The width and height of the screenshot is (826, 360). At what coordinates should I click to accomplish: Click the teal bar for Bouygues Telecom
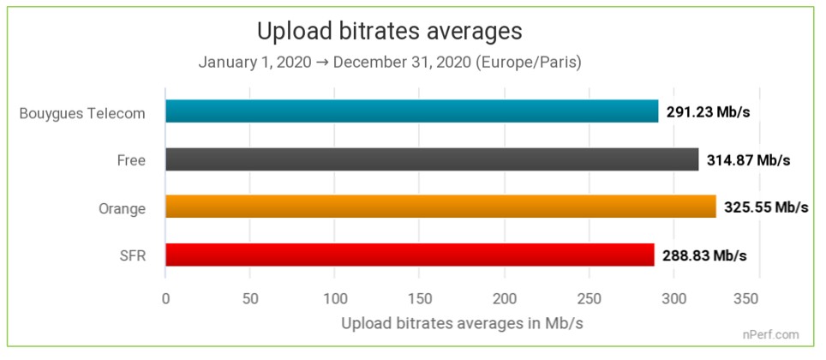tap(411, 111)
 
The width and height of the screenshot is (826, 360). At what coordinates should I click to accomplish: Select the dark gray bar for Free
tap(432, 159)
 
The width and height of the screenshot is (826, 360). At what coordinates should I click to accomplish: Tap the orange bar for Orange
tap(440, 207)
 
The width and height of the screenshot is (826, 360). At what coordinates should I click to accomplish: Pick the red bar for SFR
tap(410, 255)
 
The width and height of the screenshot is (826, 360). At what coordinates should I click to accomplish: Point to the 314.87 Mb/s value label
tap(748, 160)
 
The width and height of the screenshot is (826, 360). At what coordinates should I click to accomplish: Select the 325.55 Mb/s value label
tap(766, 208)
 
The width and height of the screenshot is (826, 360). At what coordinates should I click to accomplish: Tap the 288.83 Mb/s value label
tap(704, 256)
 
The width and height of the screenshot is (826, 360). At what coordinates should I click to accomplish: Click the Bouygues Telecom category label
tap(82, 112)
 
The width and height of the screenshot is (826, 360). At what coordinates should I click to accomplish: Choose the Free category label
tap(131, 160)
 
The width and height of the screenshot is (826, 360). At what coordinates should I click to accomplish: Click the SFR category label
tap(132, 256)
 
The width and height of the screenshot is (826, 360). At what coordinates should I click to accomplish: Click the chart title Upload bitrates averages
tap(390, 32)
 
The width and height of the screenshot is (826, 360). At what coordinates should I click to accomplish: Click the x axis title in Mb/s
tap(463, 324)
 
